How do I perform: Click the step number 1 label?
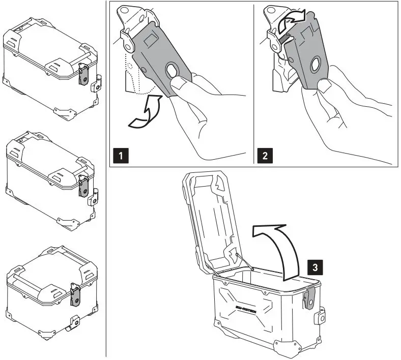[x=120, y=156]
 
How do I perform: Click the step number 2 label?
[x=264, y=156]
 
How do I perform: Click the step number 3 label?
[x=316, y=265]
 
